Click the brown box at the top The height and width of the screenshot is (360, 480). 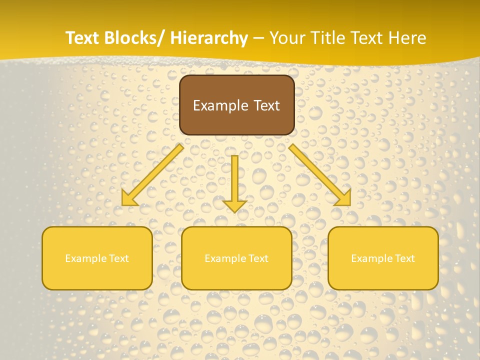click(236, 105)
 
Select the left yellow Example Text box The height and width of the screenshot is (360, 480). click(97, 258)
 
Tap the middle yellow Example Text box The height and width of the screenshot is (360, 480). click(236, 258)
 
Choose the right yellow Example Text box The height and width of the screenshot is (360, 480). click(383, 258)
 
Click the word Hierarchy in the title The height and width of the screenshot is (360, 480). click(209, 38)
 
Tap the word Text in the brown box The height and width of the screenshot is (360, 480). click(266, 105)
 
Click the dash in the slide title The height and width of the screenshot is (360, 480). click(258, 38)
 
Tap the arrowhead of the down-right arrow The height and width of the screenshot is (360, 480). click(344, 198)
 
